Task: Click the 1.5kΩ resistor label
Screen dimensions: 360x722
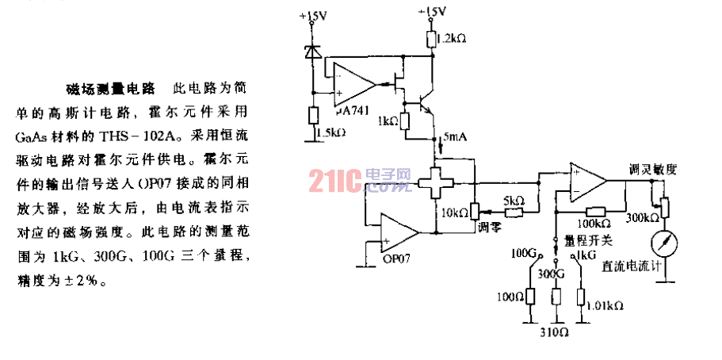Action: [328, 132]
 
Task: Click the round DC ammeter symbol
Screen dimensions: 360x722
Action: [665, 242]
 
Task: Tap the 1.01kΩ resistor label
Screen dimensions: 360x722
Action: [606, 304]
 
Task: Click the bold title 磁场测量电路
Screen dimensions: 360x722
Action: [109, 86]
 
